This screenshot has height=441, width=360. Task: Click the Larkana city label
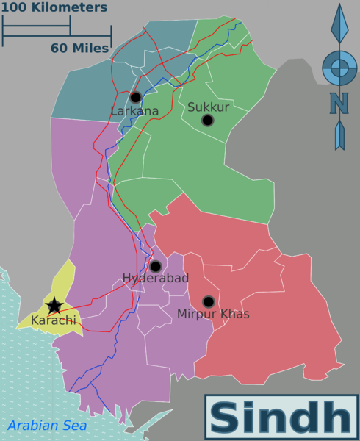[134, 111]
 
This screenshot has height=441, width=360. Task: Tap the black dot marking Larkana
[135, 97]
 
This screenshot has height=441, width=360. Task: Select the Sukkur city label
[209, 107]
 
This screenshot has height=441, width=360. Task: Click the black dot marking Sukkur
[207, 120]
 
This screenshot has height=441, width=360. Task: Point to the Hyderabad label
[156, 279]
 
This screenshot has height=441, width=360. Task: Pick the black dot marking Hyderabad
[155, 266]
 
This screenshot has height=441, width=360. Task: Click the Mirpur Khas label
[213, 314]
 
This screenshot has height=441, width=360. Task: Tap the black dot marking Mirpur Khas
[208, 301]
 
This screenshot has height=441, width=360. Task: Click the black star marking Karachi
[54, 306]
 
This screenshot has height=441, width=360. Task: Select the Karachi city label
[53, 320]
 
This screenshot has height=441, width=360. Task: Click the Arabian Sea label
[47, 425]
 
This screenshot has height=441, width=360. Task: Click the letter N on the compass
[339, 104]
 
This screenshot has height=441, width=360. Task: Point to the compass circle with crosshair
[339, 68]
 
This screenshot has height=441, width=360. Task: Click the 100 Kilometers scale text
[55, 8]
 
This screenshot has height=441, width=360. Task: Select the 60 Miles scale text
[79, 48]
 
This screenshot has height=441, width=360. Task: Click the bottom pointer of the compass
[339, 136]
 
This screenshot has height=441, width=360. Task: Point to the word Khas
[234, 314]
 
